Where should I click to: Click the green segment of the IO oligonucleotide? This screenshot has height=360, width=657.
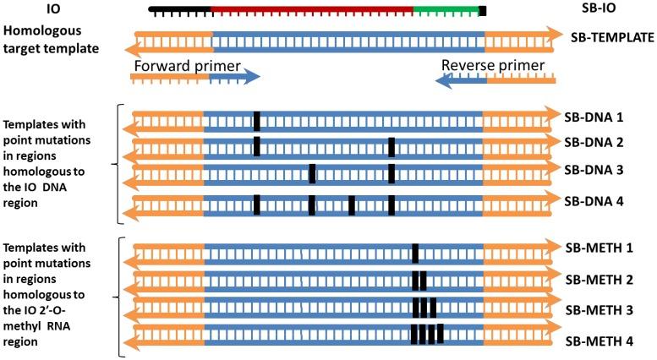[x=445, y=11]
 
